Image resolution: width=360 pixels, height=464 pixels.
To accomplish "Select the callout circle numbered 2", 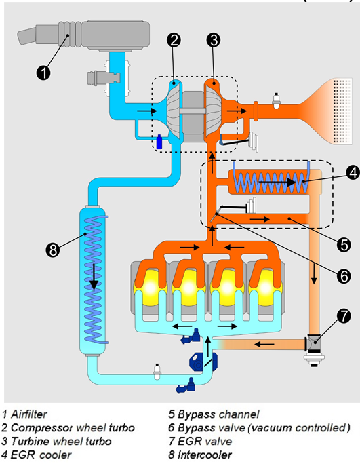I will (174, 40).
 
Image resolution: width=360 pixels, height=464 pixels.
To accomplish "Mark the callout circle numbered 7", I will (342, 315).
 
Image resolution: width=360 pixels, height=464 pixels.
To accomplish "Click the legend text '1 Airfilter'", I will (28, 413).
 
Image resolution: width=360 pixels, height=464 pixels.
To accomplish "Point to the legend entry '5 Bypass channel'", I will (209, 413).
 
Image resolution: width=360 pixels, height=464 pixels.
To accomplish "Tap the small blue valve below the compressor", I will (159, 142).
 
